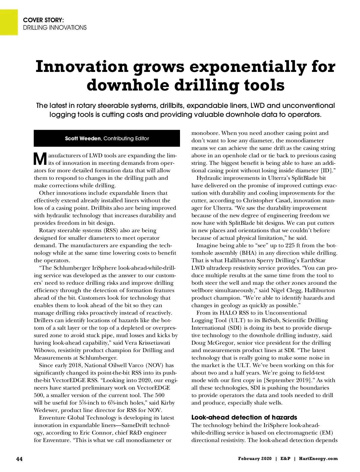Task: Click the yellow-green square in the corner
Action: coord(9,22)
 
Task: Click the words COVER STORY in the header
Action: coord(43,20)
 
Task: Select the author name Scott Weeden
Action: coord(83,138)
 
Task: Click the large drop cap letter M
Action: coord(40,159)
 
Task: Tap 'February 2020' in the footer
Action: coord(255,459)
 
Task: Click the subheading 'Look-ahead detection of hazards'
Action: coord(244,417)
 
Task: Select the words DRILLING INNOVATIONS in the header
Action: coord(55,28)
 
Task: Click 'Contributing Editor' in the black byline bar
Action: coord(126,138)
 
